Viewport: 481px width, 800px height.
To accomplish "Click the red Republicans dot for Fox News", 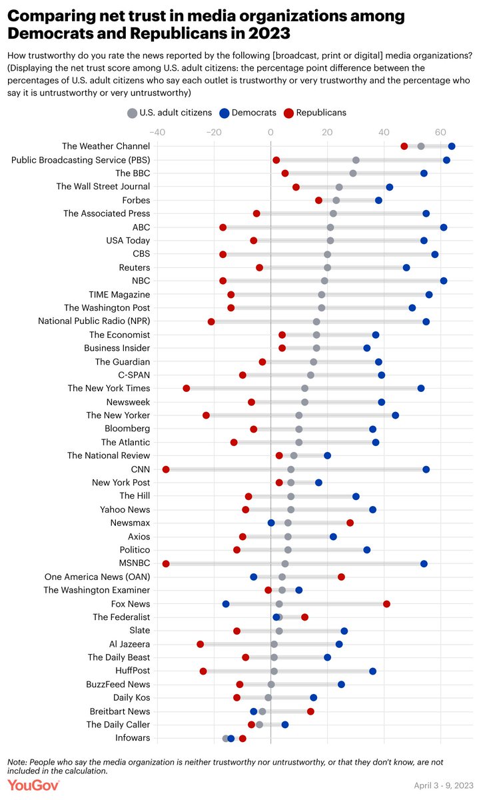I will tap(386, 604).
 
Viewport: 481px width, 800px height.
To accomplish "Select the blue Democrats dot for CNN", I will tap(426, 469).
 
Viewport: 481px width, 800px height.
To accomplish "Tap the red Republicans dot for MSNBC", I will tap(166, 563).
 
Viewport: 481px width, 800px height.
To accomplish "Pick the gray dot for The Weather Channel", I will tap(421, 147).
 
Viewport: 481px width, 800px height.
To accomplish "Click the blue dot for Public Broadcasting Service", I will tap(446, 160).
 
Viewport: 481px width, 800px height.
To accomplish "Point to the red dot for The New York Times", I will tap(187, 389).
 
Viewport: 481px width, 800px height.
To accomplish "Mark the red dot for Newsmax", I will tap(350, 523).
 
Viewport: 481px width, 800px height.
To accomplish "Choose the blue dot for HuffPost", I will tap(372, 671).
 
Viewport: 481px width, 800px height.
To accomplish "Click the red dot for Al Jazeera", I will tap(201, 644).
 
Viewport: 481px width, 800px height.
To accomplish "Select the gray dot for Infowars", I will tap(226, 738).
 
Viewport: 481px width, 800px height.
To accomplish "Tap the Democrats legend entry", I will tap(248, 113).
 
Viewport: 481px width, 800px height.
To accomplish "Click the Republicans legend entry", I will tap(314, 113).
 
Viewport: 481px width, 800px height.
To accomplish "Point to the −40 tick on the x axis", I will tap(157, 133).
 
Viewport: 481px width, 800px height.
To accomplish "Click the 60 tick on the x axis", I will tap(440, 133).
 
